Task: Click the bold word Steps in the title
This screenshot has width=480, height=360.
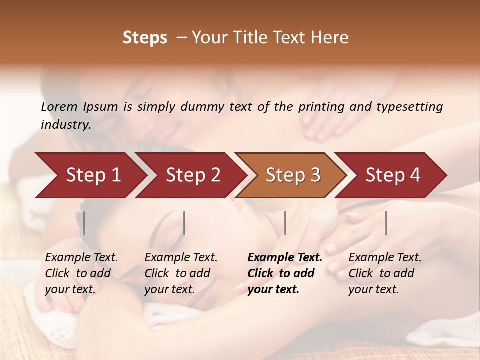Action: click(145, 38)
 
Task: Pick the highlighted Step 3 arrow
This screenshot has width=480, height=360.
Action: click(293, 175)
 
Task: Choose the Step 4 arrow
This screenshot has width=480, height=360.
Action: click(393, 175)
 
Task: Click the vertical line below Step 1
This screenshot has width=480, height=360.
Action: click(84, 223)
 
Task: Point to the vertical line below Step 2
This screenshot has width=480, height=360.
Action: click(184, 223)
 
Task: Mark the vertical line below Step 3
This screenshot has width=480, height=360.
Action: click(285, 223)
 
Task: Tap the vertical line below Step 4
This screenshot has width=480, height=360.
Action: click(386, 223)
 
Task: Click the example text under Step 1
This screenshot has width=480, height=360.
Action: click(81, 273)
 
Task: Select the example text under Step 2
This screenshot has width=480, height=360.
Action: click(181, 273)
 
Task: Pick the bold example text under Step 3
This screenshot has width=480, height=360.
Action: click(284, 273)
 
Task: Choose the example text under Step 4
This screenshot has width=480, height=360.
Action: click(385, 273)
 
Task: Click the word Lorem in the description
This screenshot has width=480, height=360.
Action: click(59, 106)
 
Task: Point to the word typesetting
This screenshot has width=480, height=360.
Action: click(409, 107)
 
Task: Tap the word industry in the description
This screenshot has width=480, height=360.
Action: click(65, 125)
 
